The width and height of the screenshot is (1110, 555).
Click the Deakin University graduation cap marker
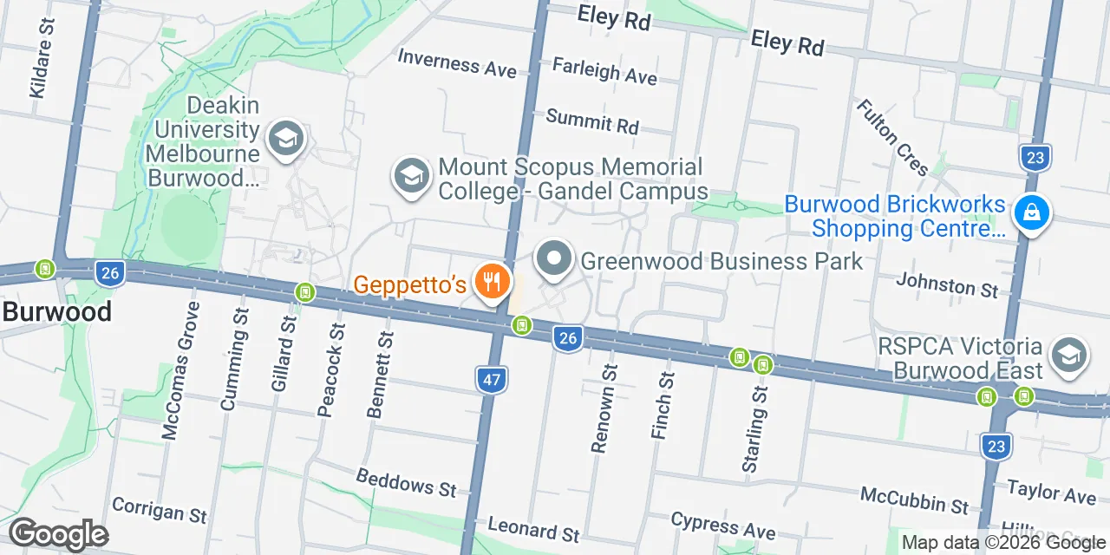click(x=285, y=138)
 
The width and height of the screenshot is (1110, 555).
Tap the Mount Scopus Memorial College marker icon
click(x=411, y=176)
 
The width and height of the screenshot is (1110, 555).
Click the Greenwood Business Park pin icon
click(x=554, y=258)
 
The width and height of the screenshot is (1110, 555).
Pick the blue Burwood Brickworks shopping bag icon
click(x=1032, y=212)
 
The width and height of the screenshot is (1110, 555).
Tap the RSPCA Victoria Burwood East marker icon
click(x=1069, y=356)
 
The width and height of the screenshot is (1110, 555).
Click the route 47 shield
click(x=491, y=379)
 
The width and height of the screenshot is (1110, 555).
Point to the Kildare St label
click(x=41, y=59)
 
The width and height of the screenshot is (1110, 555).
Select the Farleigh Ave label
click(x=604, y=71)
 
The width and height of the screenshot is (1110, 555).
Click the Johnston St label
click(x=947, y=284)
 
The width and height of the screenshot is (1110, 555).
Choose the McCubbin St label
click(x=914, y=499)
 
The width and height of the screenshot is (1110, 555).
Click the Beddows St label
click(x=406, y=483)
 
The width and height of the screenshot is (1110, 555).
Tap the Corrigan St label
click(x=160, y=510)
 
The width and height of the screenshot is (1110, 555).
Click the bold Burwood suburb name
click(x=56, y=311)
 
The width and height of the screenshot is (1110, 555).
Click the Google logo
click(x=58, y=534)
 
